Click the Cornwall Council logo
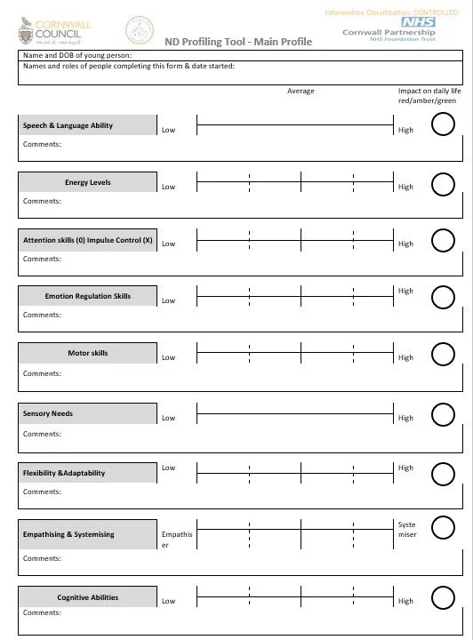coord(52,29)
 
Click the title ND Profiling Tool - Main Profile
coord(238,42)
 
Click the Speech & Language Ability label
coord(68,125)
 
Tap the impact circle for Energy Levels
coord(442,184)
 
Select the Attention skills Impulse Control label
coord(87,240)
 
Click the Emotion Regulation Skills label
coord(87,296)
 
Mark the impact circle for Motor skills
coord(442,354)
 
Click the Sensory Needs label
coord(48,413)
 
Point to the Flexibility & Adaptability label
coord(64,473)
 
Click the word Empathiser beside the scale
coord(176,540)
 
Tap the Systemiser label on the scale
coord(407,530)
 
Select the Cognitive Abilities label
coord(87,597)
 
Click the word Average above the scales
coord(301,91)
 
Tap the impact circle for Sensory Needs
coord(442,414)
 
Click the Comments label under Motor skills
coord(42,373)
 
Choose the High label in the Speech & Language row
coord(406,130)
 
